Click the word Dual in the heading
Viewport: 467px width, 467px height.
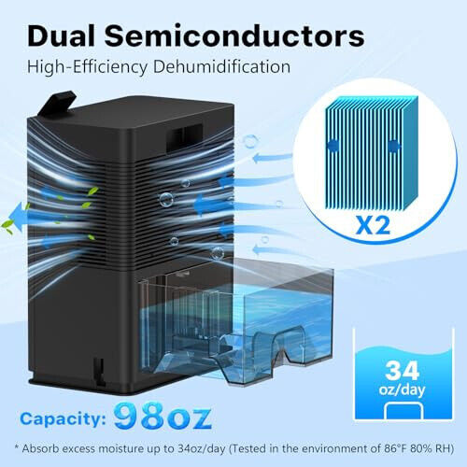pos(62,36)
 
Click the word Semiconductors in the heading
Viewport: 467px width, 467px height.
pos(234,36)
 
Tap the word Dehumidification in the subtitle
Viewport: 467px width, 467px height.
pos(222,67)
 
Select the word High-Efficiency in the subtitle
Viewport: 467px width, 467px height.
pos(88,67)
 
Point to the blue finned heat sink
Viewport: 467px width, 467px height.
pos(372,152)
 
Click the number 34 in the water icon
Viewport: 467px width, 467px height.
pos(402,371)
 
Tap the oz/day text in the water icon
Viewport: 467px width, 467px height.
pos(402,390)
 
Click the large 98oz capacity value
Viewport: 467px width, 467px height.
pos(163,416)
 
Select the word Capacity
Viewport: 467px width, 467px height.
pos(64,419)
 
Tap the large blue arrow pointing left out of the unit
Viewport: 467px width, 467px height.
pos(20,216)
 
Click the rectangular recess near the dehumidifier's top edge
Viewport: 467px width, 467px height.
pos(184,138)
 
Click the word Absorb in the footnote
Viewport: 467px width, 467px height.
pos(41,448)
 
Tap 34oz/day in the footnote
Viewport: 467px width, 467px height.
pos(202,449)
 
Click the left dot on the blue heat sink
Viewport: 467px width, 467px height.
pos(333,146)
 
